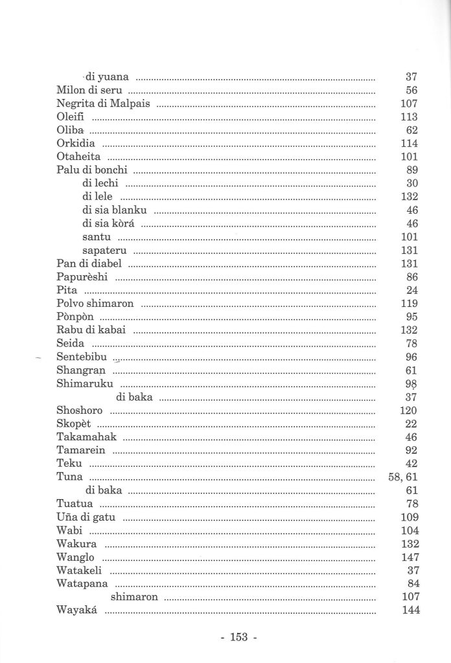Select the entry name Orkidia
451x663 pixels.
[76, 144]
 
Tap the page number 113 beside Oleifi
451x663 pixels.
[408, 117]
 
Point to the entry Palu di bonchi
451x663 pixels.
[92, 170]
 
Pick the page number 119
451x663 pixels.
[408, 304]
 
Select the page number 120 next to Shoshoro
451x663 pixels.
[408, 411]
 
